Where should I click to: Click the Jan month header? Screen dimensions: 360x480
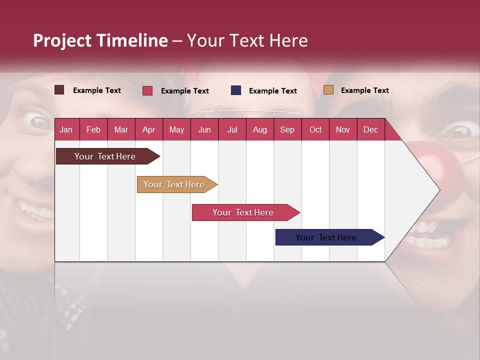point(66,129)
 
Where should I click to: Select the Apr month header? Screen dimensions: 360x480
point(148,129)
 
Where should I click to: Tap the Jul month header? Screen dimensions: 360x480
point(232,129)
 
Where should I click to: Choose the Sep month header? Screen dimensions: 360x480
point(287,129)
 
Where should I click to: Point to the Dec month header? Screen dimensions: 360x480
point(370,129)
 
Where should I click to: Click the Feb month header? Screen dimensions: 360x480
point(93,129)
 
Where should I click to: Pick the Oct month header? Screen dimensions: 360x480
point(315,129)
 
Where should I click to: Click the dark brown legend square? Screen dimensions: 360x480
point(59,90)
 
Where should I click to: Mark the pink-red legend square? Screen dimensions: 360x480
point(147,90)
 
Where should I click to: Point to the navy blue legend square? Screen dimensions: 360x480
point(236,90)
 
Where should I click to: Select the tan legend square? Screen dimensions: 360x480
point(328,90)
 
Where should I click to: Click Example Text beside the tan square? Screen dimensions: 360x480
point(364,90)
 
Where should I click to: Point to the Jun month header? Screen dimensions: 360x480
point(204,129)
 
